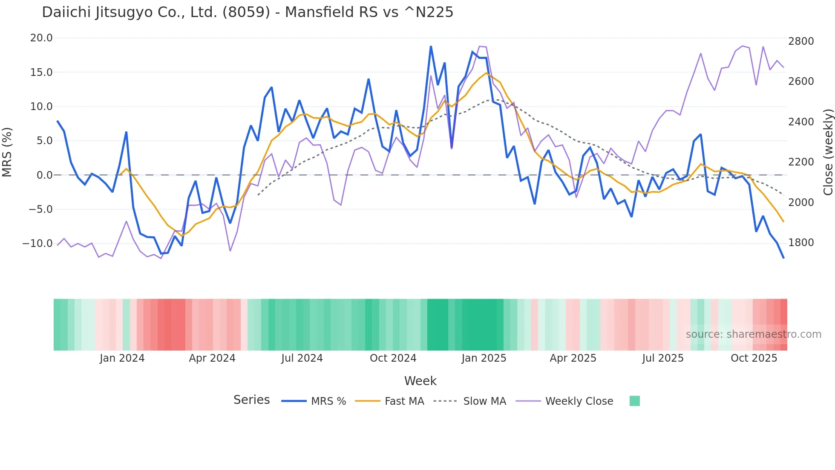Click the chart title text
[248, 12]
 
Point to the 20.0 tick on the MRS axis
[41, 38]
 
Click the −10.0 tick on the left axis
[37, 244]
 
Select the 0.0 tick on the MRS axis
[45, 175]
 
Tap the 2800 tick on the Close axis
[801, 41]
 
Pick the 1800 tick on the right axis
[801, 243]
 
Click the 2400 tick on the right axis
[801, 122]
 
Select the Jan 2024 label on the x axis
[122, 358]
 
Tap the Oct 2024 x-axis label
[393, 358]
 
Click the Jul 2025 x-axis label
[663, 358]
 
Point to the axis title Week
[420, 381]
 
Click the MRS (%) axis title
[7, 152]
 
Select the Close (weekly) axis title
[828, 152]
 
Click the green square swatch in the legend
[634, 401]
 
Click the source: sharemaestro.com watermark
[753, 334]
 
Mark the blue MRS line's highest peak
[431, 46]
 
